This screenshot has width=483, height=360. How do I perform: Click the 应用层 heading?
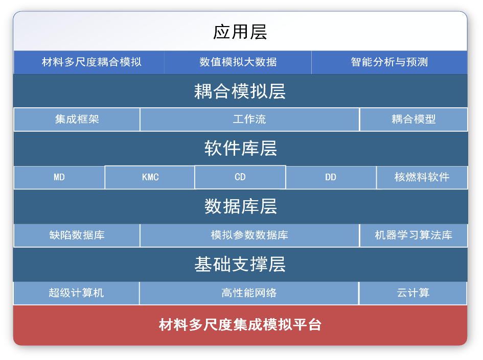point(240,32)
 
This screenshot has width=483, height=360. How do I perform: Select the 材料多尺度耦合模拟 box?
point(91,62)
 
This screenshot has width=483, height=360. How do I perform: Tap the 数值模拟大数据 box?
point(238,62)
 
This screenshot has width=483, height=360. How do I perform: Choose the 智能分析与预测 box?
point(389,62)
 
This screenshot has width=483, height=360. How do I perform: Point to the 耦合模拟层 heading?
point(240,91)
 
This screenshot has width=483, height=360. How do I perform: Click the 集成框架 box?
point(77,119)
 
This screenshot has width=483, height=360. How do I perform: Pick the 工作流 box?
point(249,119)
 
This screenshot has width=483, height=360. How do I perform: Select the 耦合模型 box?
point(413,119)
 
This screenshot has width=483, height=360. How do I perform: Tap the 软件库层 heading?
point(240,149)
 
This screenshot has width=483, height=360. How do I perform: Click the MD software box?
point(59,178)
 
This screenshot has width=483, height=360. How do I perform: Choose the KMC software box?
point(150,178)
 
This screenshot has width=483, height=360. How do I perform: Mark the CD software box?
point(240,177)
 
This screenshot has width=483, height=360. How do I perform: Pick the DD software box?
point(331,178)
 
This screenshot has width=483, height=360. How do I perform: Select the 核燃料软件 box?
point(422,178)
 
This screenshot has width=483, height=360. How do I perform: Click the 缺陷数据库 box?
point(77,235)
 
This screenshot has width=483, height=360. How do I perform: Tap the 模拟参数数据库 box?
point(249,235)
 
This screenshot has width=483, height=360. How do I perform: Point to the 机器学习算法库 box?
point(413,235)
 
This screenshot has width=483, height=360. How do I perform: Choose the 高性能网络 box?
point(249,293)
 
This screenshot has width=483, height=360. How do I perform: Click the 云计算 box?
point(413,293)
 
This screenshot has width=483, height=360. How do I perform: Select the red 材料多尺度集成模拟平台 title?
point(240,325)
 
